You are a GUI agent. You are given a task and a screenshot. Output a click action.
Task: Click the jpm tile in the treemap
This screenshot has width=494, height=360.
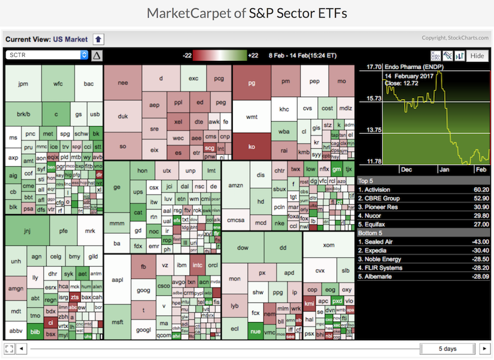[23, 84]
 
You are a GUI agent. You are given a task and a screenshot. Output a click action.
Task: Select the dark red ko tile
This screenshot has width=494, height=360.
[251, 147]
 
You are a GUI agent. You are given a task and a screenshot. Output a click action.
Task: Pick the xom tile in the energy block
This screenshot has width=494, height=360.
[328, 245]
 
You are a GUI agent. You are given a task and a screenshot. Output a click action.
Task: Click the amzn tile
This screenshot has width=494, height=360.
[235, 185]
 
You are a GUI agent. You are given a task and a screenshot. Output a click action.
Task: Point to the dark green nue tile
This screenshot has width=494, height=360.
[255, 330]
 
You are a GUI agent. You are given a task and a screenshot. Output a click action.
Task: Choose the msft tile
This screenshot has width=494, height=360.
[117, 322]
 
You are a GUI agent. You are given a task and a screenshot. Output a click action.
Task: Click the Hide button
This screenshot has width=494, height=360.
[477, 55]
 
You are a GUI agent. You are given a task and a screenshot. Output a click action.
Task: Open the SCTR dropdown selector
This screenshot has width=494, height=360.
[47, 55]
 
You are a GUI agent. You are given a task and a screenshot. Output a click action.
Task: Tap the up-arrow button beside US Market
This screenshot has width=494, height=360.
[98, 39]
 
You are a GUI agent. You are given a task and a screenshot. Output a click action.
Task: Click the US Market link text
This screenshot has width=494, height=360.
[70, 39]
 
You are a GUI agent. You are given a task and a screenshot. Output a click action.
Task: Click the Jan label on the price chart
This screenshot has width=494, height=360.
[444, 170]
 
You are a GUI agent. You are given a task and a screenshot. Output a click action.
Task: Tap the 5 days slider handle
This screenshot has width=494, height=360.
[447, 348]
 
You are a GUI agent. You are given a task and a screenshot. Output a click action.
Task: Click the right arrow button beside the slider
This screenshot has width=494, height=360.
[484, 348]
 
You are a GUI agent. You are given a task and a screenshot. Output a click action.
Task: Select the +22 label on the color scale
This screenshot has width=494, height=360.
[253, 55]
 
